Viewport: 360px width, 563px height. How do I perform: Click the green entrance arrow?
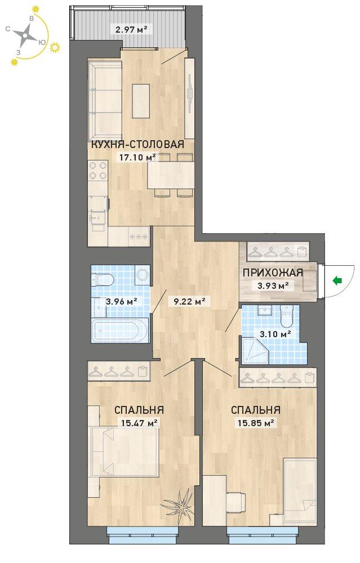337,280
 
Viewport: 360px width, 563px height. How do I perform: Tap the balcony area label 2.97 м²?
131,29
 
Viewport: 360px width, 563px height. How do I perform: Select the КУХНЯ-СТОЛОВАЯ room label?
138,144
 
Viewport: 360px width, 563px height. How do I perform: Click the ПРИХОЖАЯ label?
273,272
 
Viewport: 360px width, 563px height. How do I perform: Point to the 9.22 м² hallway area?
189,301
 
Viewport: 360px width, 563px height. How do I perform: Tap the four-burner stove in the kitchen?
98,171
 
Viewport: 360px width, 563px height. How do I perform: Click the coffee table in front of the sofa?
141,101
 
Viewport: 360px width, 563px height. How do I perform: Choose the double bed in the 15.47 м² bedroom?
126,452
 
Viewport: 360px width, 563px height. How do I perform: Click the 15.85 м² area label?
256,423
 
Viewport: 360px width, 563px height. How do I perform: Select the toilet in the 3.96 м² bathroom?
103,279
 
